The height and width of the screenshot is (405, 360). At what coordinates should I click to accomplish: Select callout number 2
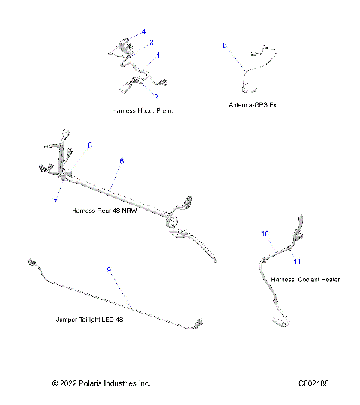click(155, 96)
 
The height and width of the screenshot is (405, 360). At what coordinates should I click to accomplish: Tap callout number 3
click(151, 43)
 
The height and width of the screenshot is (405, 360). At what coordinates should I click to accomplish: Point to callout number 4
click(143, 32)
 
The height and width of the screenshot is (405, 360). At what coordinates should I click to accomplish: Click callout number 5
click(224, 46)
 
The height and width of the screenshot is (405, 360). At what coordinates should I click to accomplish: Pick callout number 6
click(121, 161)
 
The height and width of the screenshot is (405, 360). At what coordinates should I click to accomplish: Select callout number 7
click(55, 202)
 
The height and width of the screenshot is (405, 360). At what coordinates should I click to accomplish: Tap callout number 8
click(90, 144)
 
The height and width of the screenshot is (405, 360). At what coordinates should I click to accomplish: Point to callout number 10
click(265, 234)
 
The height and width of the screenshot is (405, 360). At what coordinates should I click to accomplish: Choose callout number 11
click(296, 261)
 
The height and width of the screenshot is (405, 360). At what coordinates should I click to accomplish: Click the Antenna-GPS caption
click(257, 103)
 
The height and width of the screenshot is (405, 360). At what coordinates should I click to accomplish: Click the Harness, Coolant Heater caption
click(305, 279)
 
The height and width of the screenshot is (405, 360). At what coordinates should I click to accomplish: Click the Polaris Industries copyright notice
click(101, 383)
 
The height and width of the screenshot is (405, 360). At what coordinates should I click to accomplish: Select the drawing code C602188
click(313, 383)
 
